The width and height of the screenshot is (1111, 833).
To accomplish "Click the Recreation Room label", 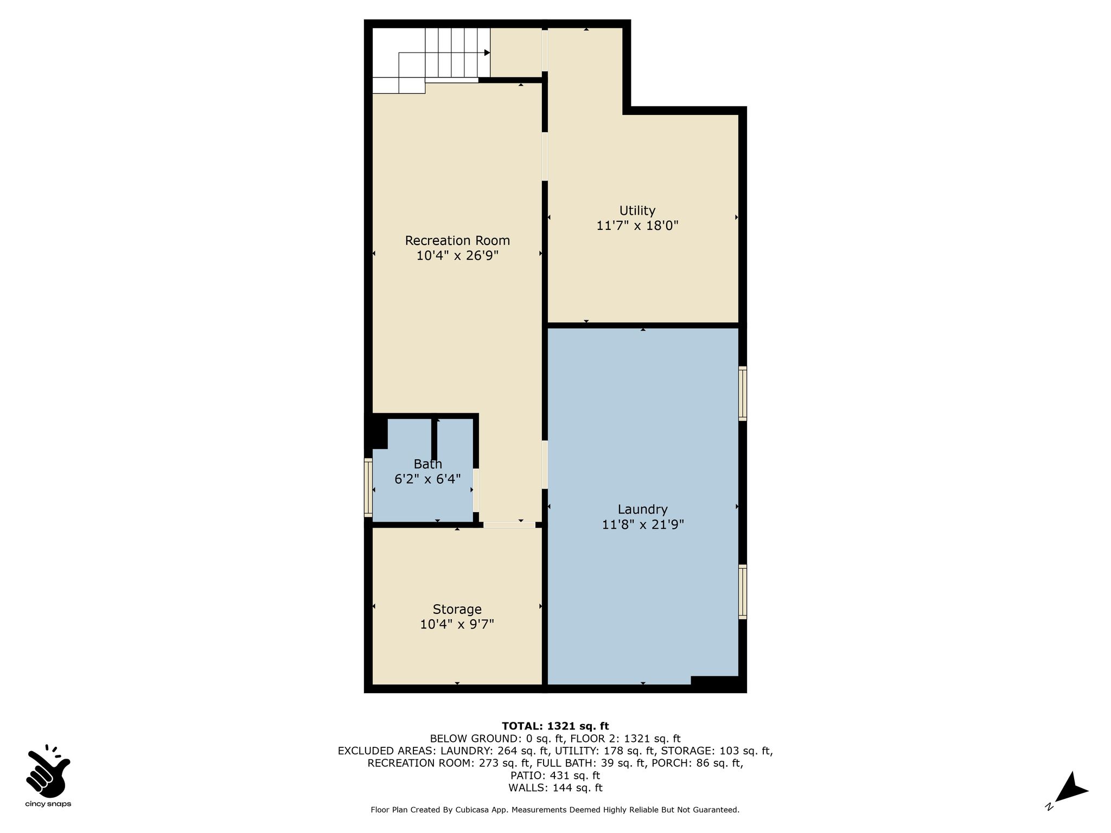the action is (x=457, y=240).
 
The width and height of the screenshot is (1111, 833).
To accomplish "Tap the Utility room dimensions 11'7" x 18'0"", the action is (x=637, y=225).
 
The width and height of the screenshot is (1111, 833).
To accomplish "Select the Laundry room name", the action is (x=642, y=510).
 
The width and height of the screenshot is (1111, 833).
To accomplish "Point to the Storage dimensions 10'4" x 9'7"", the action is (x=457, y=624).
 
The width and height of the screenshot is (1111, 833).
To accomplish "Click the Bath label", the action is (x=428, y=464).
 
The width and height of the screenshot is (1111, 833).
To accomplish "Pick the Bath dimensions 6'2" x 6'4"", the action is (x=427, y=479).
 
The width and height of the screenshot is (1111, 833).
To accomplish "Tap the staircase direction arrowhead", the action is (x=487, y=53).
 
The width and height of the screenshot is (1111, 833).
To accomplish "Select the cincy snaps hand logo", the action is (x=48, y=771).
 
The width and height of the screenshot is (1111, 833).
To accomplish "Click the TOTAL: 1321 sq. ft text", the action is (x=555, y=726).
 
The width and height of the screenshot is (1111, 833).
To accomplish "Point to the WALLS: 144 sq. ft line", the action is (x=555, y=788).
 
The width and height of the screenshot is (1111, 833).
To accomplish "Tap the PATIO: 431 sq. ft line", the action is (x=555, y=776).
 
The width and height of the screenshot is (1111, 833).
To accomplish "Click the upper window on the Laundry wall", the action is (x=743, y=394).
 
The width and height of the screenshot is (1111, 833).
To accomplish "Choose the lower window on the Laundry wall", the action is (x=743, y=592).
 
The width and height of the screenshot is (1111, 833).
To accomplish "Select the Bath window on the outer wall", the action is (x=368, y=488).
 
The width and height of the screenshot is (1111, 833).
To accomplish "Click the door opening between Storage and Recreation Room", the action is (x=509, y=525).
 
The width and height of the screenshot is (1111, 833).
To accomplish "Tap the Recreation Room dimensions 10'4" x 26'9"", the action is (x=457, y=255).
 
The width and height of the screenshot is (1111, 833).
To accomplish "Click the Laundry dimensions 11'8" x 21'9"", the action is (x=643, y=524).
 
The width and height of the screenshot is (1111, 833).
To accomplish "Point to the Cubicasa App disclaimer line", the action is (x=555, y=810).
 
